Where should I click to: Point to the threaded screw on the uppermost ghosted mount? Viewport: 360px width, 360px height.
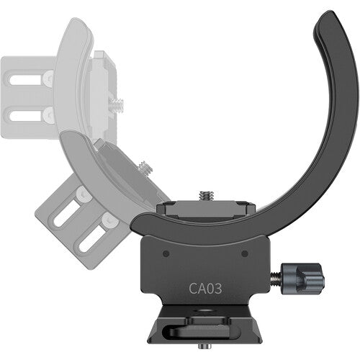tap(117, 102)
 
